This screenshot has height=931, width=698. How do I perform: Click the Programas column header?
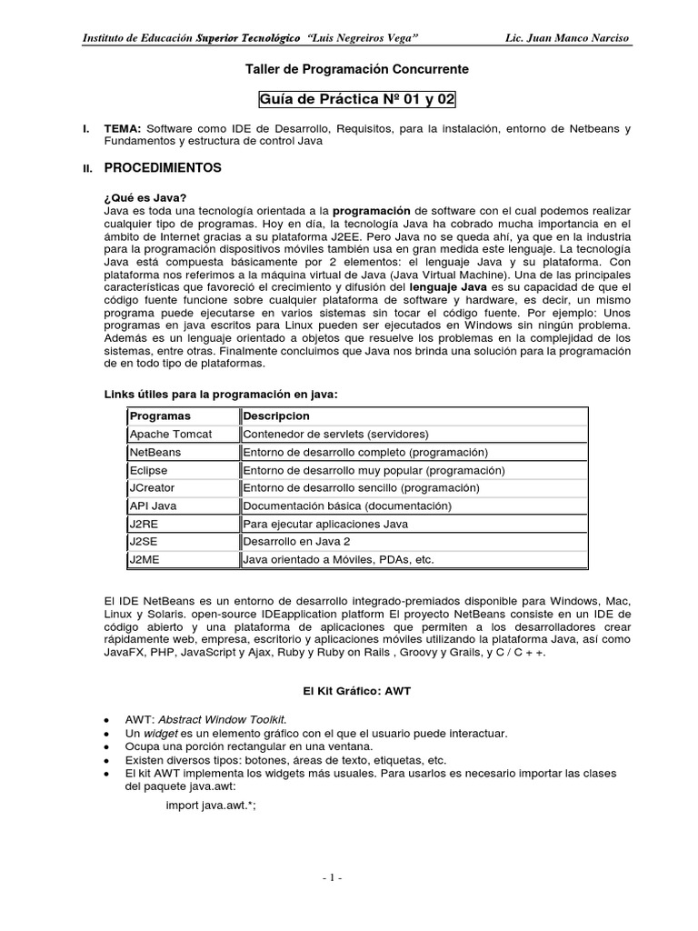[161, 415]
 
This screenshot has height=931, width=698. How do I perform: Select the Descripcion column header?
[276, 415]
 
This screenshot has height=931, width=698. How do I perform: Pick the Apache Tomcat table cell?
[171, 434]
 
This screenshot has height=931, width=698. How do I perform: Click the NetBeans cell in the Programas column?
[155, 452]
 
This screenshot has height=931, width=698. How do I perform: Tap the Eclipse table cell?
[150, 470]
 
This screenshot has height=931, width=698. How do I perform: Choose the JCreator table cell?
[154, 487]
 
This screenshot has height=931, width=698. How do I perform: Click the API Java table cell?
[154, 506]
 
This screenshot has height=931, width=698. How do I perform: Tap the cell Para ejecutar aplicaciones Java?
[324, 524]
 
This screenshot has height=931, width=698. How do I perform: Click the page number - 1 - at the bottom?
[332, 877]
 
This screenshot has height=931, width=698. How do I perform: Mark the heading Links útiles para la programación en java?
[222, 394]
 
